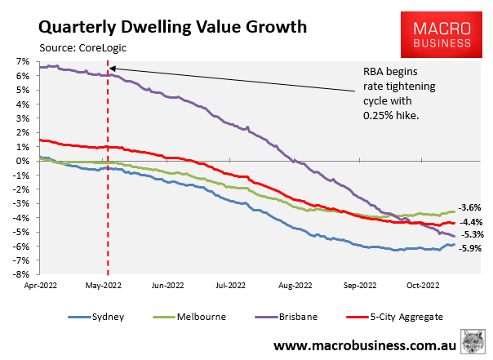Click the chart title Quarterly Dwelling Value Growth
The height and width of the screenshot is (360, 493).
pos(162,26)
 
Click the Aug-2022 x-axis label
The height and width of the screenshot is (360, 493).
pos(295,286)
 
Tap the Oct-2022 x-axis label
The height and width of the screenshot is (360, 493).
pos(424,286)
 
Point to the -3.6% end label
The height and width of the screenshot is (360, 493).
pos(470,207)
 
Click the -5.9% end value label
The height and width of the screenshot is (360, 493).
pos(470,248)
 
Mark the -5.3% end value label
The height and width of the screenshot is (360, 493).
pos(470,235)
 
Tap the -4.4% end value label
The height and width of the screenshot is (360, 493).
pos(470,221)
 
